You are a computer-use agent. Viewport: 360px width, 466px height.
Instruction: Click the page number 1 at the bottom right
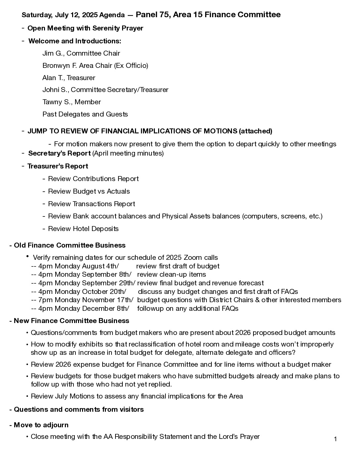pos(335,439)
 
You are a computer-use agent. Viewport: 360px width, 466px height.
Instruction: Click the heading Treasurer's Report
pos(58,166)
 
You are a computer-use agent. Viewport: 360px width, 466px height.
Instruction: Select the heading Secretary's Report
pos(59,153)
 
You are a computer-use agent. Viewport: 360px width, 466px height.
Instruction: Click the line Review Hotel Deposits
pos(83,229)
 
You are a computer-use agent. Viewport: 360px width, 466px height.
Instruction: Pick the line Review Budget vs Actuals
pos(89,191)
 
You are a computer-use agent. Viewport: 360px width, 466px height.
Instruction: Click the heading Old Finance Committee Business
pos(69,245)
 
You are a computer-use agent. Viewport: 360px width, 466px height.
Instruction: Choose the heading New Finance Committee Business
pos(71,321)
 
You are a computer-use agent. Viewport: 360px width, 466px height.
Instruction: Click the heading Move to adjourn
pos(41,425)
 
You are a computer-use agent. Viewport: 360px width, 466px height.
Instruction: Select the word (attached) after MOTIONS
pos(255,131)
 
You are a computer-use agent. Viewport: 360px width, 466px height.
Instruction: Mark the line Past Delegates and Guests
pos(85,114)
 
